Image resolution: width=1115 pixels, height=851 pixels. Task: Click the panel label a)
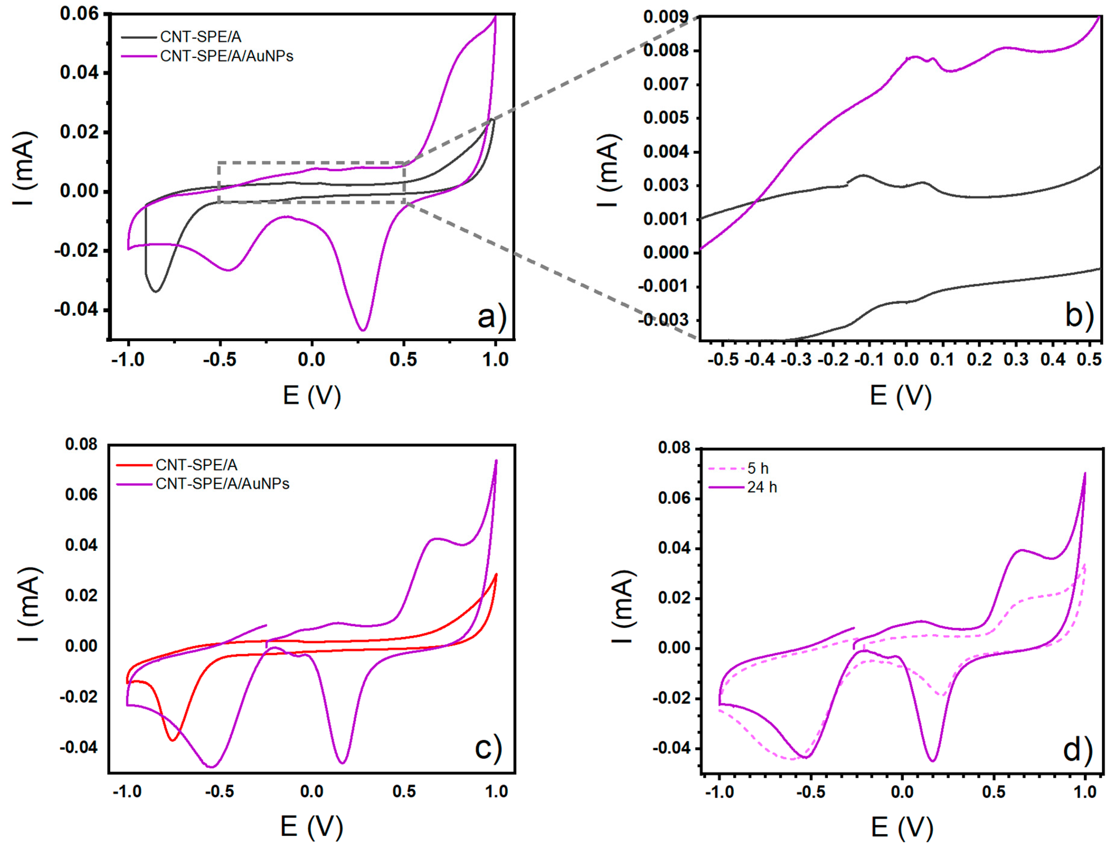[491, 318]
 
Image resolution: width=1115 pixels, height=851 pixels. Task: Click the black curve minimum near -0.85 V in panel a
[156, 291]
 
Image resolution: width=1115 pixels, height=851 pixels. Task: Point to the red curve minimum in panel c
[173, 740]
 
